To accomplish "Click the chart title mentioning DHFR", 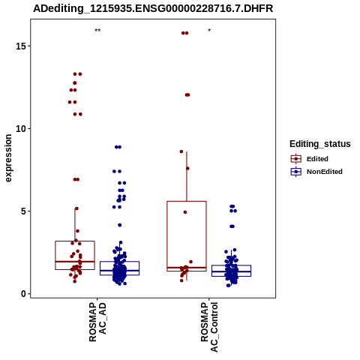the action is click(153, 9).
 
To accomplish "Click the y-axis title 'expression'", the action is click(8, 158).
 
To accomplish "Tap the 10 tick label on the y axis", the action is click(22, 128).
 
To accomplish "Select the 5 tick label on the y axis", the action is click(24, 211).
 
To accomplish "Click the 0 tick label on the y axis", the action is click(24, 294).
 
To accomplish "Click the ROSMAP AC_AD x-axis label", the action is click(97, 322).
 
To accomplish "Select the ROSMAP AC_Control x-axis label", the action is click(209, 327).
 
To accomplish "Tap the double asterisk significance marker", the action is click(97, 31).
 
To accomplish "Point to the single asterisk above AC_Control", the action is click(209, 31).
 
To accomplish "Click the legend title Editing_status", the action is click(320, 144).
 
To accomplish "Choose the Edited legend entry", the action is click(310, 159).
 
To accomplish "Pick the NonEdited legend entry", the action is click(316, 172).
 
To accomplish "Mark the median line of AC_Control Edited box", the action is click(187, 268).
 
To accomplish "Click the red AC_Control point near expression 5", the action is click(185, 212).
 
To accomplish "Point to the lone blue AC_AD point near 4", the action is click(120, 225).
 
